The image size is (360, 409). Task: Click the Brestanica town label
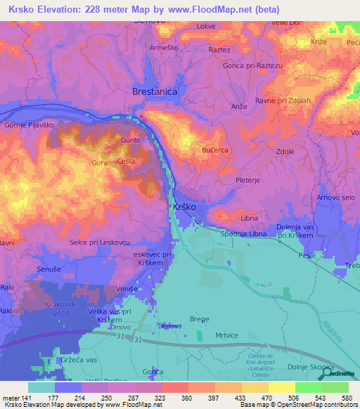[155, 92]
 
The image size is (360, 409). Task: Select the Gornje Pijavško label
[29, 124]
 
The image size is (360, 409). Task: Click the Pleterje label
[248, 179]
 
